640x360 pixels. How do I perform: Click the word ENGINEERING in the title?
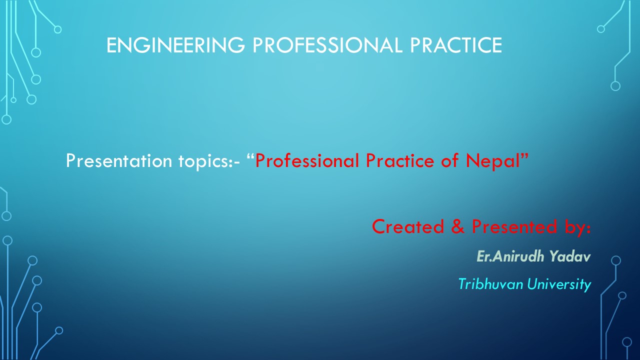click(x=175, y=45)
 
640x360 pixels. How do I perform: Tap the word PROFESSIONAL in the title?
click(x=327, y=45)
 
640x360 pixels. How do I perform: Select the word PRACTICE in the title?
click(x=456, y=45)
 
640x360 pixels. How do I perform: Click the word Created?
click(x=408, y=226)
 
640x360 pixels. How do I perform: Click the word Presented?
click(x=514, y=226)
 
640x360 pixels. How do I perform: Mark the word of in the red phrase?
click(x=450, y=161)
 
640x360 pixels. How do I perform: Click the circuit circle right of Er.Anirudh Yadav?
click(x=616, y=260)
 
